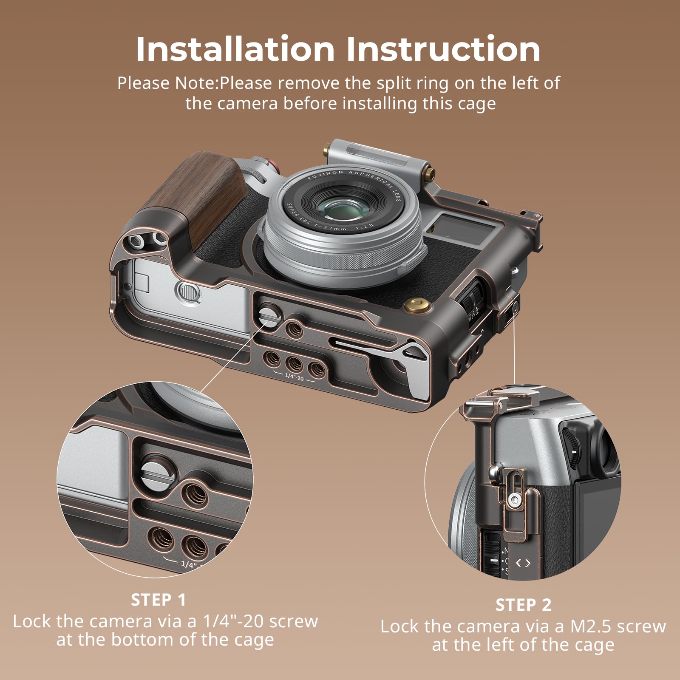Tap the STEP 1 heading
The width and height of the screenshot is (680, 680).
pos(159,600)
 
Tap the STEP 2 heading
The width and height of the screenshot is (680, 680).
pos(523,605)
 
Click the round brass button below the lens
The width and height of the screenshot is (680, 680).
pos(413,305)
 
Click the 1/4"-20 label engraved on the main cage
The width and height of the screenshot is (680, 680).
pos(294,377)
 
